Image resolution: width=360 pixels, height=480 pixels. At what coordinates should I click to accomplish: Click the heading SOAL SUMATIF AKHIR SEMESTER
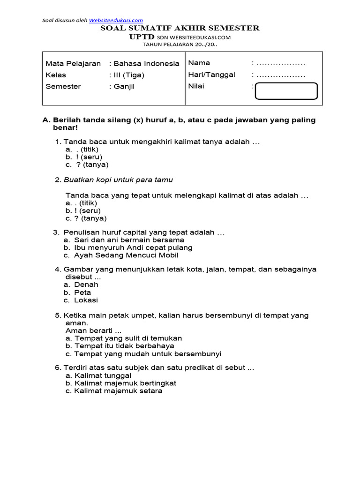[180, 28]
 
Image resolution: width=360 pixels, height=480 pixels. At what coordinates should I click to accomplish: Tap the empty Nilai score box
[286, 91]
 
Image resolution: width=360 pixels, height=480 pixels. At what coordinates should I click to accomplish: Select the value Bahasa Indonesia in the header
[146, 63]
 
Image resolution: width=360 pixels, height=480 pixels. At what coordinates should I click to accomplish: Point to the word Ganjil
[124, 86]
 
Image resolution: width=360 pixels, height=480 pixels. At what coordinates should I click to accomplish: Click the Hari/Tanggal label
[211, 75]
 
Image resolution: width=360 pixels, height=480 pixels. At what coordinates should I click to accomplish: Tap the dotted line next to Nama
[281, 63]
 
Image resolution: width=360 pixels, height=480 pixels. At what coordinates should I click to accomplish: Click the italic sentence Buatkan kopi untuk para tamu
[119, 180]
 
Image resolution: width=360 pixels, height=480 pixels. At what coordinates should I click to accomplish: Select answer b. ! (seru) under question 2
[83, 210]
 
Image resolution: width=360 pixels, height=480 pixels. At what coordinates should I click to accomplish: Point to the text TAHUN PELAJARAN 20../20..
[180, 45]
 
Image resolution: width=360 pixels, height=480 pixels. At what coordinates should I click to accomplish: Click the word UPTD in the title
[142, 37]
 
